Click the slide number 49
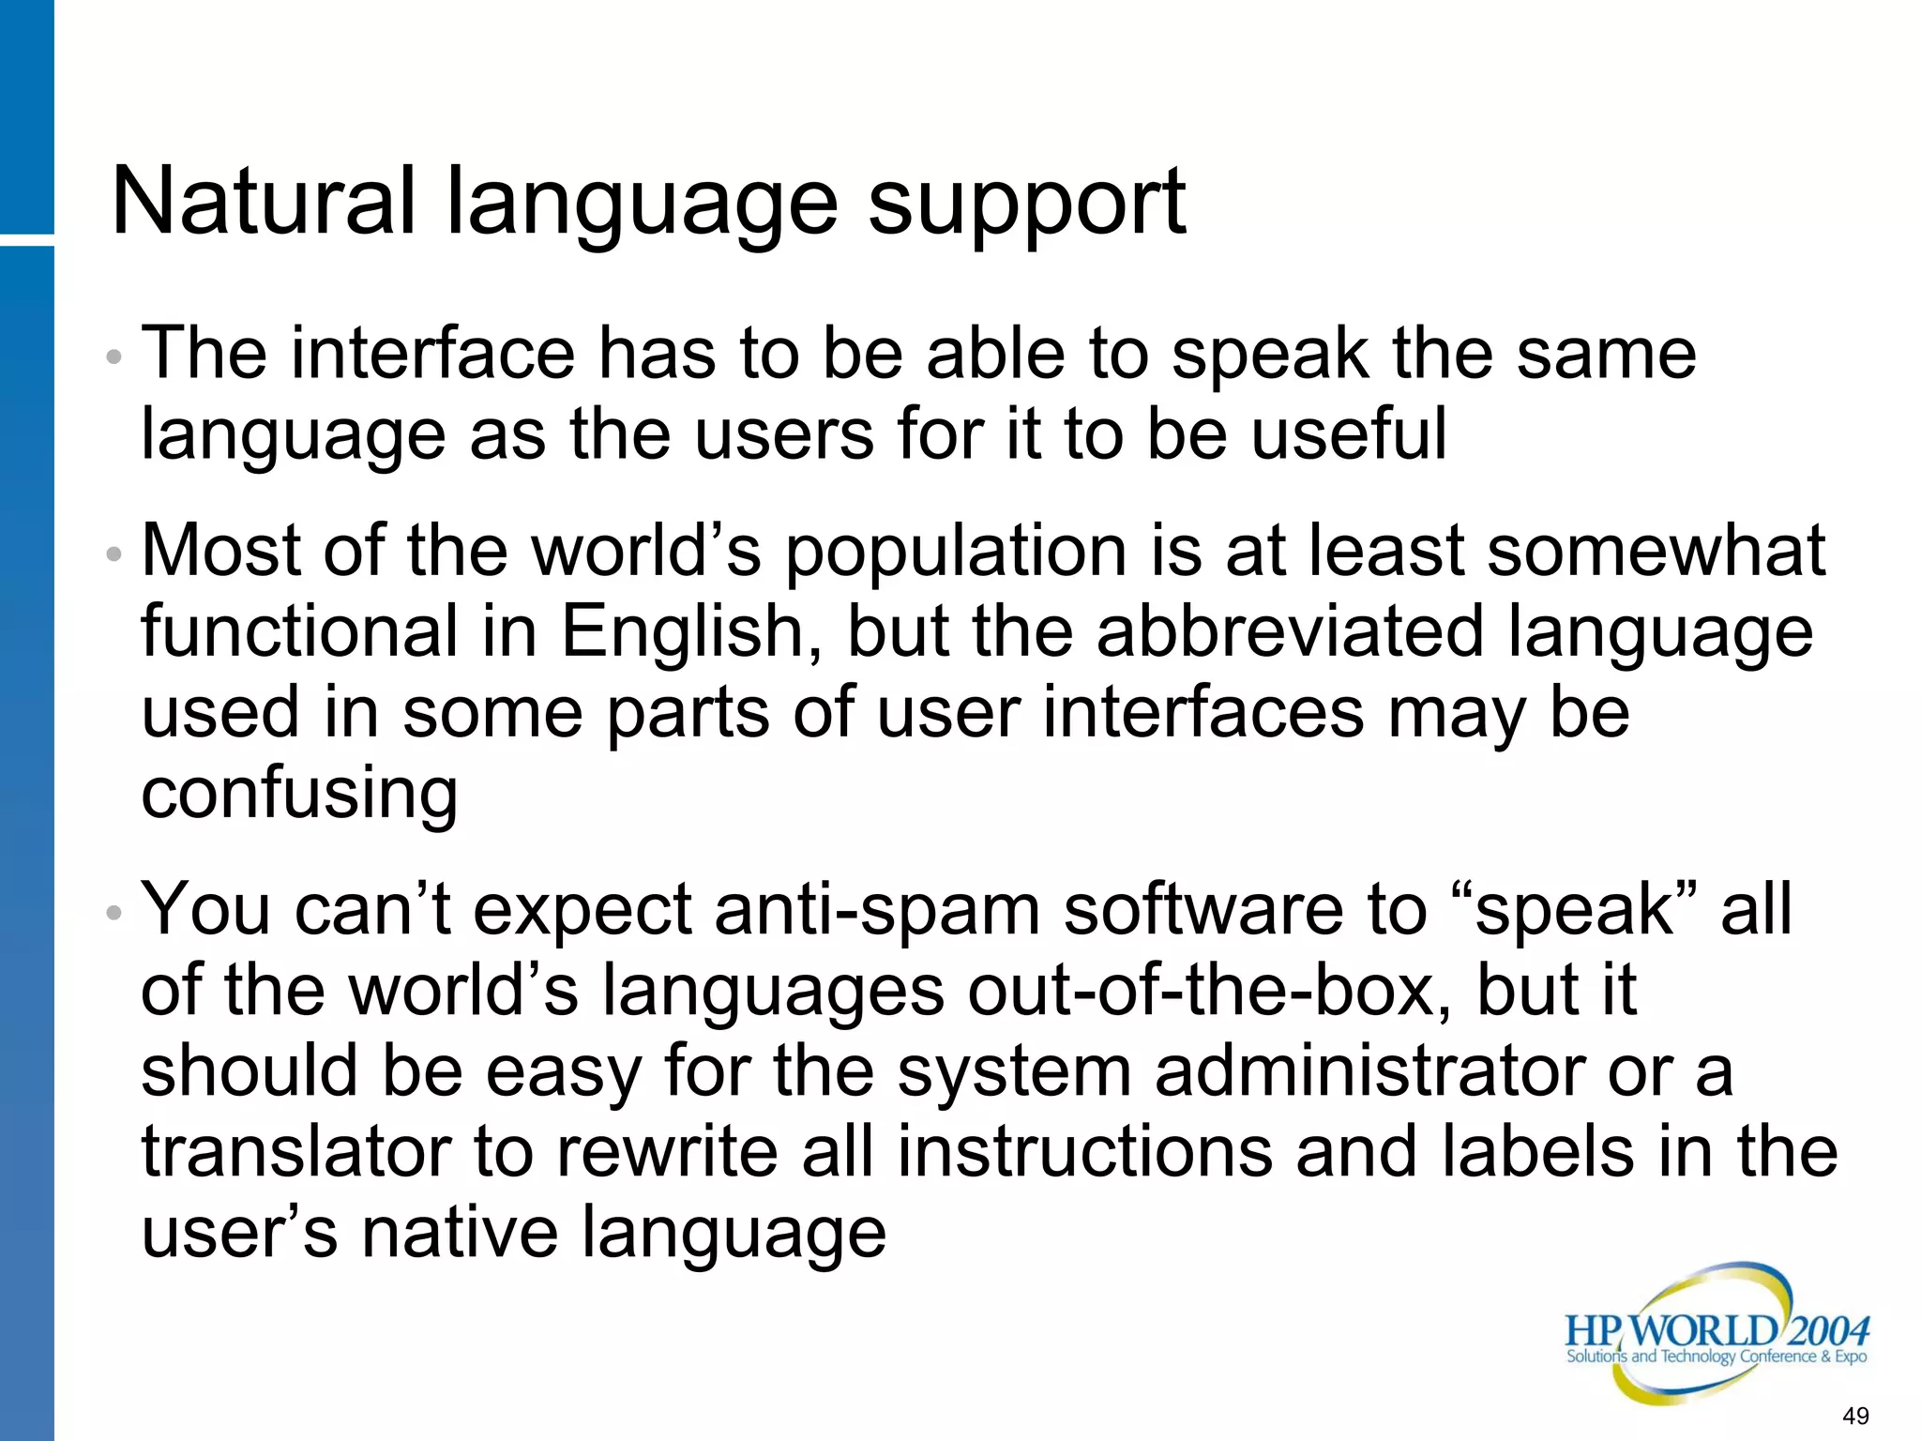point(1854,1416)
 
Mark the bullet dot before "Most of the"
point(114,554)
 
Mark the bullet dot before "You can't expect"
point(114,913)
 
